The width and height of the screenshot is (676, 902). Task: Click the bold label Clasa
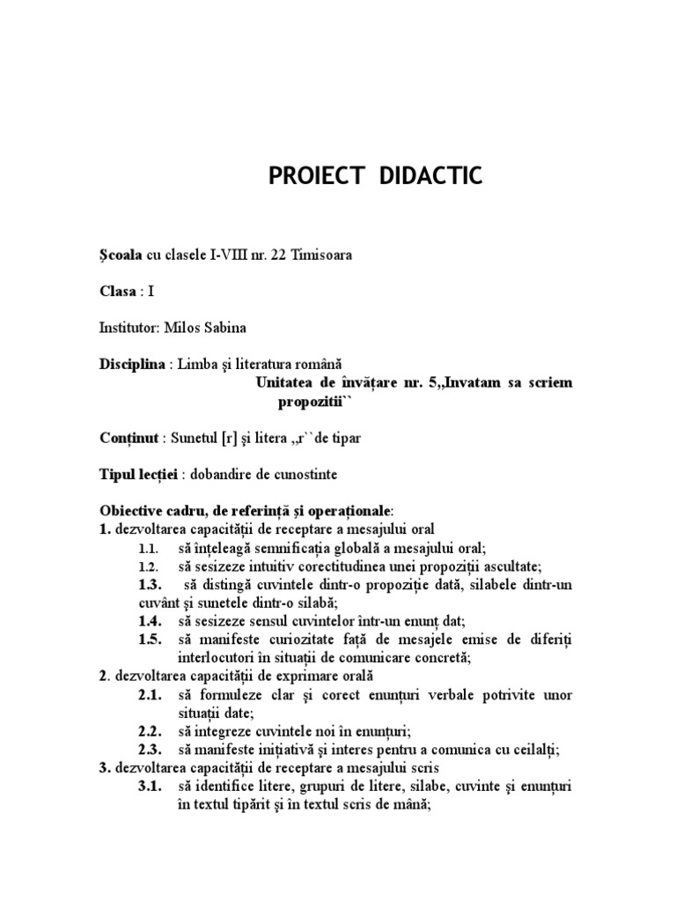(119, 292)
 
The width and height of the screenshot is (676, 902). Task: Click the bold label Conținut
(129, 437)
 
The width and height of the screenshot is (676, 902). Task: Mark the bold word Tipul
(117, 474)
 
